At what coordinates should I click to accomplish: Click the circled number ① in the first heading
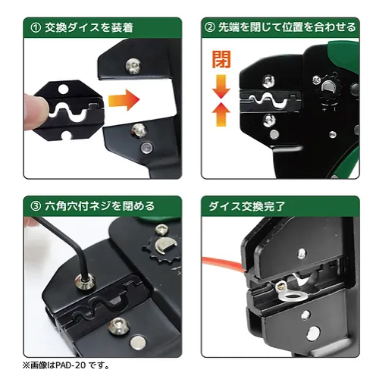pos(36,28)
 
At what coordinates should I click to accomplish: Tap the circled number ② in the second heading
pos(209,27)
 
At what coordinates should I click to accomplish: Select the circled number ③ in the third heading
pos(36,206)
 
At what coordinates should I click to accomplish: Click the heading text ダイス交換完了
pos(246,206)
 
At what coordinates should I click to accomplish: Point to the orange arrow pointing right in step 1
pos(124,100)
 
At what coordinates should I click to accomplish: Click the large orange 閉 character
pos(221,60)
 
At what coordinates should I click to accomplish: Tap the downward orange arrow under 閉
pos(221,86)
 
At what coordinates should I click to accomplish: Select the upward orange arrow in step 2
pos(221,114)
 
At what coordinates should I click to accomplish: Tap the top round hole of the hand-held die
pos(64,89)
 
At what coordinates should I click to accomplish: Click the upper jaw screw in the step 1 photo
pos(133,66)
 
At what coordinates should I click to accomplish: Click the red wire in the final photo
pos(222,264)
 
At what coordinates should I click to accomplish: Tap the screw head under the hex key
pos(85,282)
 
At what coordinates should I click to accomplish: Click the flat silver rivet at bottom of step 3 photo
pos(138,343)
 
